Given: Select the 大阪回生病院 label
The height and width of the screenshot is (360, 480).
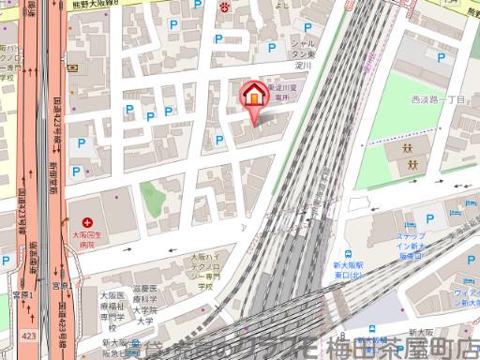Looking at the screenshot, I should [86, 232].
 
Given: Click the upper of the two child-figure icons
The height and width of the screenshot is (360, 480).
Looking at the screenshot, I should [410, 149].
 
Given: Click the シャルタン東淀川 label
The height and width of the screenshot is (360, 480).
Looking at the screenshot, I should [301, 55].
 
